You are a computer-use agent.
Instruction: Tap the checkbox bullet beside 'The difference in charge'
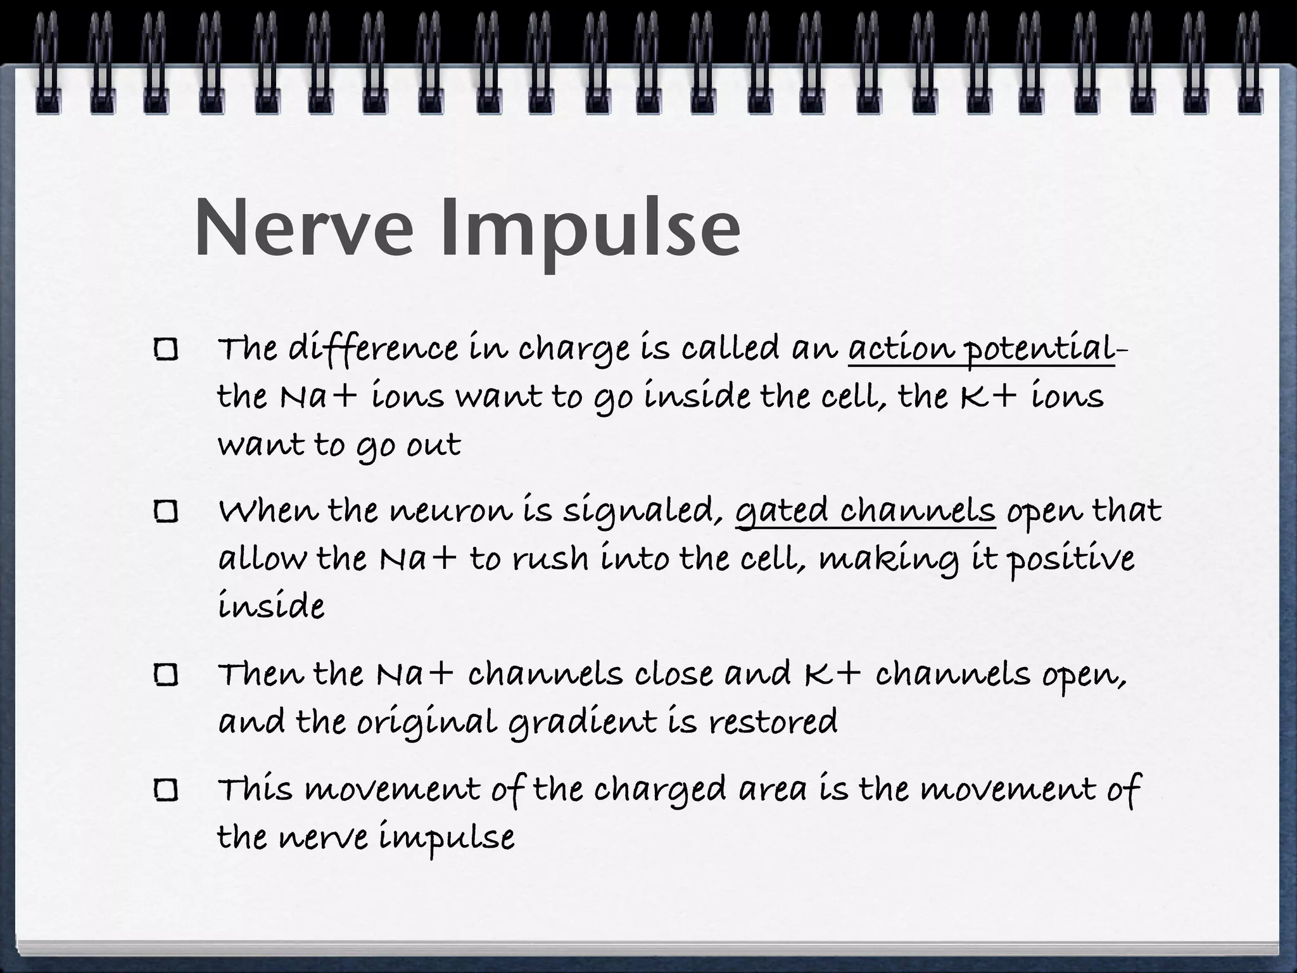166,350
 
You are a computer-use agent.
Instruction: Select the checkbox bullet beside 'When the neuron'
166,512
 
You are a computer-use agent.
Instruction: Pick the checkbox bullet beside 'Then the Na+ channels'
166,675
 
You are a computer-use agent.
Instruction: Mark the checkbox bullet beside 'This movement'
166,791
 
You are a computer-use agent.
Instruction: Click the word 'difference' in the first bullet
372,350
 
